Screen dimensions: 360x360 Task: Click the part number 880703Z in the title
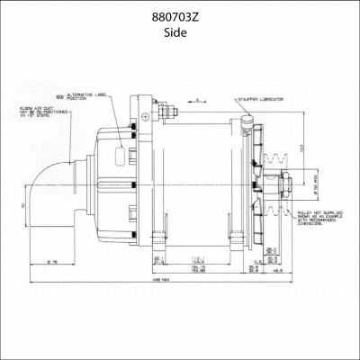179,16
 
